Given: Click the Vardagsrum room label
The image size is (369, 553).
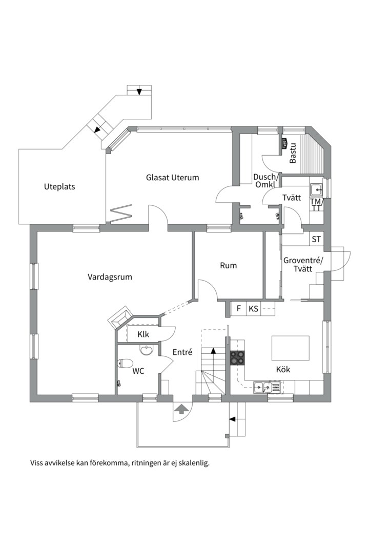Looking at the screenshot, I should (x=110, y=277).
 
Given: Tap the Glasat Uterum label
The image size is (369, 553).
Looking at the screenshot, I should (x=172, y=178).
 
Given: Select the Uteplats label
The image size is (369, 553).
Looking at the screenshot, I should (x=59, y=187).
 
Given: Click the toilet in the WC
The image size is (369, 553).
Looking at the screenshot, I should (x=124, y=364).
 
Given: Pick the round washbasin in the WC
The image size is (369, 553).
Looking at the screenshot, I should (x=147, y=350).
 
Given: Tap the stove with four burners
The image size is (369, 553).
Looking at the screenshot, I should (x=237, y=357).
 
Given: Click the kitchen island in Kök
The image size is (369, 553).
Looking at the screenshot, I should (x=291, y=349).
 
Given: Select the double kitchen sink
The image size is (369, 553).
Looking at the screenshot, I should (x=266, y=387).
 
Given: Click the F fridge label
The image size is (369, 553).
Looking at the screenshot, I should (x=238, y=309).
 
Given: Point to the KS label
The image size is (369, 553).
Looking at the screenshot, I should (x=253, y=309).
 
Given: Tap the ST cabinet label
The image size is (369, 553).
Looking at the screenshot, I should (x=316, y=240).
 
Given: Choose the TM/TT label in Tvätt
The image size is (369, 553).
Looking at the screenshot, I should (x=316, y=205).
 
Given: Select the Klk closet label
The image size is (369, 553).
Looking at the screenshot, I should (x=143, y=335).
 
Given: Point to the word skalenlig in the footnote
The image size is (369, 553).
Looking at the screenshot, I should (x=193, y=463).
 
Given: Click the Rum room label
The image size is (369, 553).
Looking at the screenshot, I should (x=228, y=265).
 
